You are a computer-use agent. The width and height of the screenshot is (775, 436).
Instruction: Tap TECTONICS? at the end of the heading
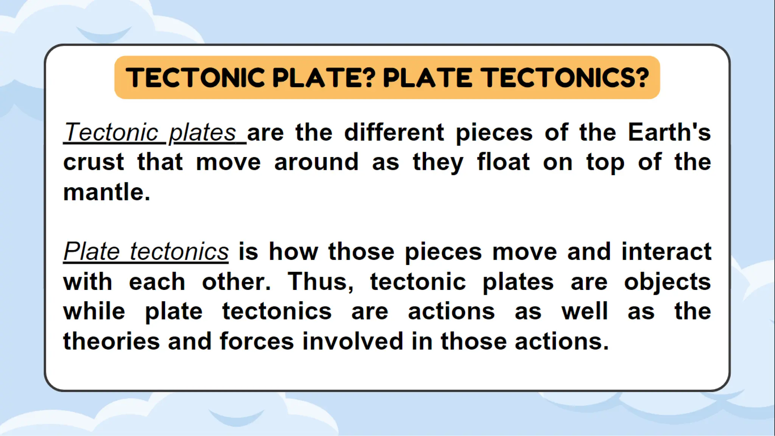(566, 78)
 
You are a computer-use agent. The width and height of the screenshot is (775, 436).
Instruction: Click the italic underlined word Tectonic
(111, 132)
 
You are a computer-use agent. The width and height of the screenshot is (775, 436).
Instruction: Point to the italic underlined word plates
(202, 133)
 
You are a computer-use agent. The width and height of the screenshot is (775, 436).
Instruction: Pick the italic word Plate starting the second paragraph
(92, 252)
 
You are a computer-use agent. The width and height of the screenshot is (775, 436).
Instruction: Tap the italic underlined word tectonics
(179, 252)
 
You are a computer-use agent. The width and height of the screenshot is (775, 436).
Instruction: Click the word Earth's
(669, 132)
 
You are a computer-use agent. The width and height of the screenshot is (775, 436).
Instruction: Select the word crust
(93, 162)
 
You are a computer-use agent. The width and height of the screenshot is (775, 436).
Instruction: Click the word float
(503, 162)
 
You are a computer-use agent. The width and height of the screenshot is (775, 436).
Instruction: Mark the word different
(394, 132)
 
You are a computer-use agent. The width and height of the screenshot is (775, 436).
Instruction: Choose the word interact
(666, 252)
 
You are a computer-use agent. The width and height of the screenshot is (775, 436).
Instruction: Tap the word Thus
(320, 282)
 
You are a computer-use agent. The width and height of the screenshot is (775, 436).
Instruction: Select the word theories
(111, 341)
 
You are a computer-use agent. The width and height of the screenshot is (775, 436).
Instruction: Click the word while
(94, 311)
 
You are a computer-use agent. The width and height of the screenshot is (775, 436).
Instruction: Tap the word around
(316, 162)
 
